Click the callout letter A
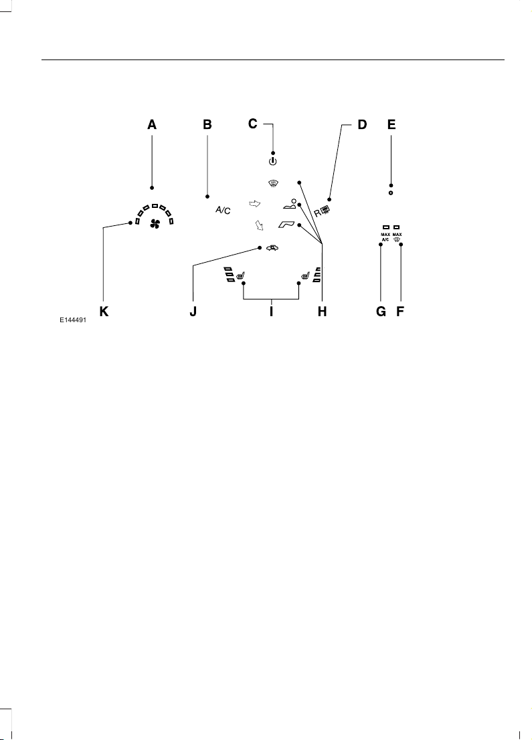(x=152, y=124)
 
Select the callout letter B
(x=207, y=124)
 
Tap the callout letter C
(x=253, y=124)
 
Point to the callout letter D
(x=362, y=124)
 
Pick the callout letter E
(x=391, y=124)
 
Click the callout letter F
(x=400, y=312)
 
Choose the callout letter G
(x=381, y=312)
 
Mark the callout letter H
(x=323, y=312)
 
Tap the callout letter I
(x=271, y=312)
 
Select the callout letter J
(x=193, y=312)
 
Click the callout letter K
(x=104, y=312)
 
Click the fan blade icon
(x=155, y=224)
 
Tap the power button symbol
(x=272, y=162)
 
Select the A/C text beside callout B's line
(x=223, y=211)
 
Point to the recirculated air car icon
(x=272, y=248)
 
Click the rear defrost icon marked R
(x=322, y=212)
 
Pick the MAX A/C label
(x=385, y=237)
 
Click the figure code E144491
(x=73, y=320)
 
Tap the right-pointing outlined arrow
(x=255, y=204)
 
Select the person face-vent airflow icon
(x=290, y=205)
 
